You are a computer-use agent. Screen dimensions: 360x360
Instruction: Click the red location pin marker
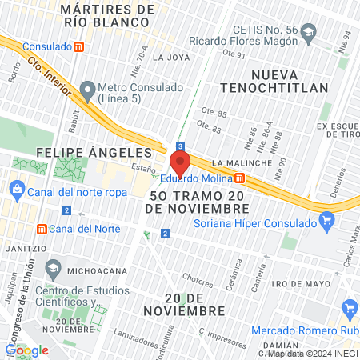click(x=180, y=163)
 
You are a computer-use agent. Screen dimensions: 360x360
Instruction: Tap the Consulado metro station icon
click(x=78, y=46)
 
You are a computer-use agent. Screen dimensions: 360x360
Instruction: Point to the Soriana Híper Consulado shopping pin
click(x=326, y=219)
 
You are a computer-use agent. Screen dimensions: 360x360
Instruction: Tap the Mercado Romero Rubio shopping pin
click(x=349, y=309)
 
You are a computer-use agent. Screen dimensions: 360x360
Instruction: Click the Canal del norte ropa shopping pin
click(x=16, y=189)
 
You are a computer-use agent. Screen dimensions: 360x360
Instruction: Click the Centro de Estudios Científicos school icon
click(x=54, y=267)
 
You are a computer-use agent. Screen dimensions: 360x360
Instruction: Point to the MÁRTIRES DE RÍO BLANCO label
click(x=106, y=15)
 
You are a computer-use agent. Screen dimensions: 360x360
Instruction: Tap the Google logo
click(x=27, y=350)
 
